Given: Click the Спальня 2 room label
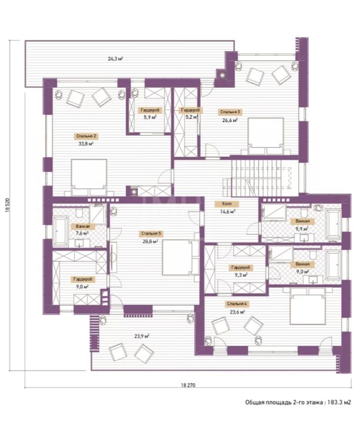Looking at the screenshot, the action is [86, 136].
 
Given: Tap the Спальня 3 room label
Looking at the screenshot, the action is [230, 112].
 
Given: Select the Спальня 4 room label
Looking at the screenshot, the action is [237, 304].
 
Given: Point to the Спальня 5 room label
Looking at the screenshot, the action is [151, 234].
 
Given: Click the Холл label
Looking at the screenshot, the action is [227, 204].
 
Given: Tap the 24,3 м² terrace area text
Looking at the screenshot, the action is [115, 59].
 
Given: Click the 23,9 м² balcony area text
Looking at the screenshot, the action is [142, 336].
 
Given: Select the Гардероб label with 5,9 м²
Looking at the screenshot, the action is [150, 110].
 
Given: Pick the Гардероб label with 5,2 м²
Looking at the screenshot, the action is [190, 110].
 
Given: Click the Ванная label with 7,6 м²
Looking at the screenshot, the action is [83, 227].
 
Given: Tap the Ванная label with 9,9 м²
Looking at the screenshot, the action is [302, 221].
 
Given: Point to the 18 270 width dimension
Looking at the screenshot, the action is [188, 385].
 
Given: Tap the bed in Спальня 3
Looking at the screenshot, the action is [265, 136].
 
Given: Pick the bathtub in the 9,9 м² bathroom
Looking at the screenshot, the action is [333, 224].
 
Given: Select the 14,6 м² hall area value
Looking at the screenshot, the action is [227, 211].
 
